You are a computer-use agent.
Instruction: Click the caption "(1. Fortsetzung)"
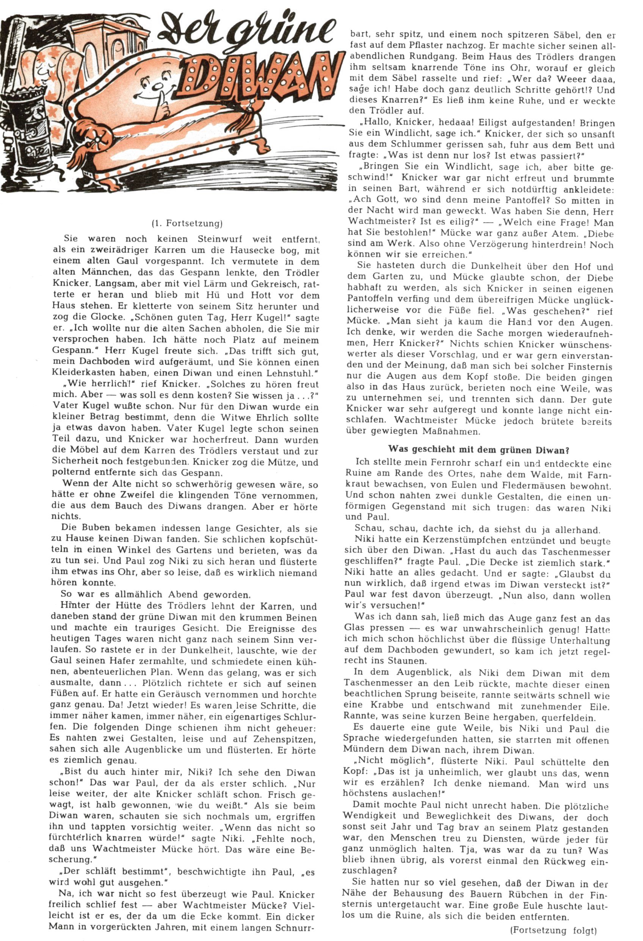pyautogui.click(x=187, y=223)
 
